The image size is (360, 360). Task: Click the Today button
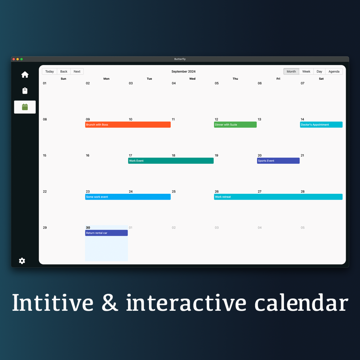(x=49, y=71)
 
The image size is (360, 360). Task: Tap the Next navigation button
(x=77, y=71)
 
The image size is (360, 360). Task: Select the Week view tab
(x=306, y=71)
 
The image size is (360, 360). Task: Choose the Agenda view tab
(x=334, y=71)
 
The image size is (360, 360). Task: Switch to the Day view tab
(x=319, y=71)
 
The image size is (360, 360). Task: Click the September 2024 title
(x=184, y=71)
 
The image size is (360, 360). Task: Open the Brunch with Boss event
(x=128, y=125)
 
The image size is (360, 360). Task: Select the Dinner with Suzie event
(x=235, y=125)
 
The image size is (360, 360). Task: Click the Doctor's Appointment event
(x=321, y=125)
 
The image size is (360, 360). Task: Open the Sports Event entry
(x=278, y=161)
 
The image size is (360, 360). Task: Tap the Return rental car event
(x=106, y=233)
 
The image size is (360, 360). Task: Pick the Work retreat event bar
(x=278, y=197)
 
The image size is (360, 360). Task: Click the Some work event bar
(x=128, y=197)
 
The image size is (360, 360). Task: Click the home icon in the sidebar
(x=25, y=75)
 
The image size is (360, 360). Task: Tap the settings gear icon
(x=22, y=261)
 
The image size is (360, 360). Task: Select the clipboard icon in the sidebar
(x=25, y=91)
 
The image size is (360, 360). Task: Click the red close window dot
(x=14, y=59)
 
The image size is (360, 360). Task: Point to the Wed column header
(x=192, y=79)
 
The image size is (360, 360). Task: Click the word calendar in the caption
(x=301, y=303)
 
